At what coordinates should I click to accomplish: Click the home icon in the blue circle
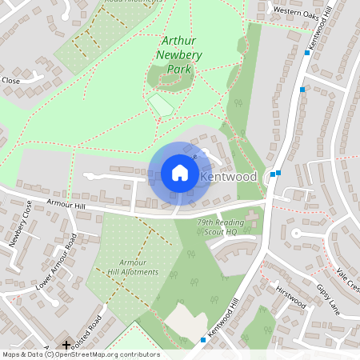[180, 172]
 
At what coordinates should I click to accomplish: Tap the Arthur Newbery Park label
[182, 55]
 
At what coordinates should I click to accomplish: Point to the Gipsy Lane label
[328, 298]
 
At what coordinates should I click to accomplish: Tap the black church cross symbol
[66, 345]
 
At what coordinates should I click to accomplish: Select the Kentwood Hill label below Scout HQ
[223, 318]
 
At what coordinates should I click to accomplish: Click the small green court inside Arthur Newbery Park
[161, 105]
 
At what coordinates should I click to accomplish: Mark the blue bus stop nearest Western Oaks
[307, 53]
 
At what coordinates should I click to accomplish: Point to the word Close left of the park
[10, 81]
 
